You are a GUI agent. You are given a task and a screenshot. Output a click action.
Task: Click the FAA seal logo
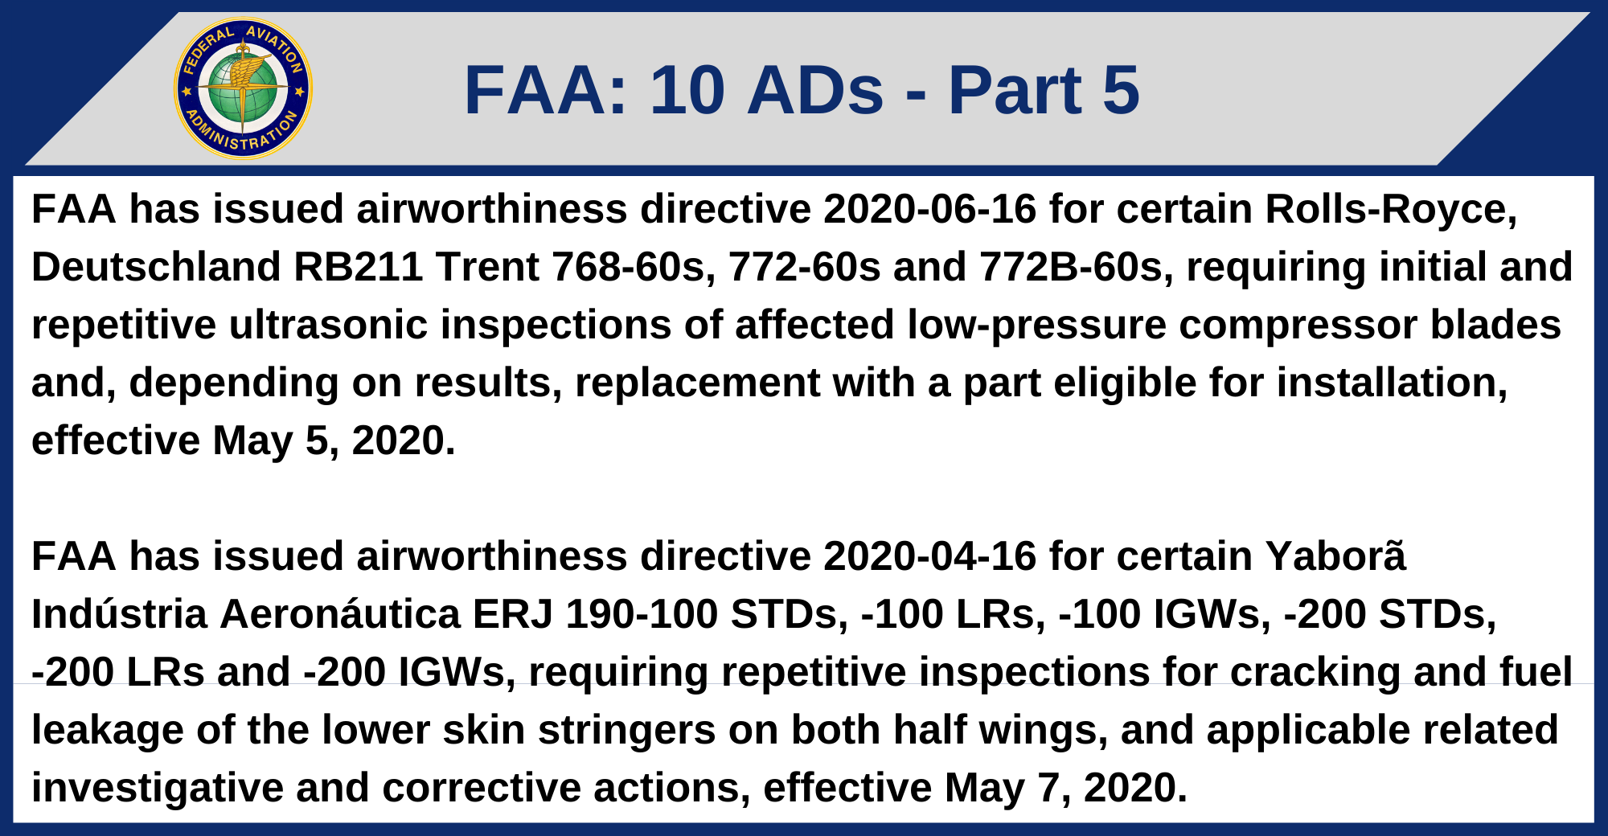[243, 88]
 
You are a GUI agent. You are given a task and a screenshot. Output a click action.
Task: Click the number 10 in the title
[687, 90]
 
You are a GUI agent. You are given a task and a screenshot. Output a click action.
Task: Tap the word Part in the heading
[1015, 90]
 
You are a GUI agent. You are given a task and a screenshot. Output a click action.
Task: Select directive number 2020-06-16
[929, 209]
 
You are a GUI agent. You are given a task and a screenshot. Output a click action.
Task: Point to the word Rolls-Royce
[1391, 209]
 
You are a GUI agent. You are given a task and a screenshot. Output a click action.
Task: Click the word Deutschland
[156, 267]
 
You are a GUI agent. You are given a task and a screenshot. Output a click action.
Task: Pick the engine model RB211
[358, 267]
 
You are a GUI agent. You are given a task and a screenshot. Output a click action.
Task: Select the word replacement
[697, 383]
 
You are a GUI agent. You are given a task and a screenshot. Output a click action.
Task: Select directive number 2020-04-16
[929, 556]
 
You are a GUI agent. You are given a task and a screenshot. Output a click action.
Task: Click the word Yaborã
[1335, 556]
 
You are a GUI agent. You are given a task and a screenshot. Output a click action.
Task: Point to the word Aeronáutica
[339, 614]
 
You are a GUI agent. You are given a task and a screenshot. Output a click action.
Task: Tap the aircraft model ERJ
[512, 614]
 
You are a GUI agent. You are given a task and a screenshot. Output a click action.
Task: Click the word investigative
[158, 788]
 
